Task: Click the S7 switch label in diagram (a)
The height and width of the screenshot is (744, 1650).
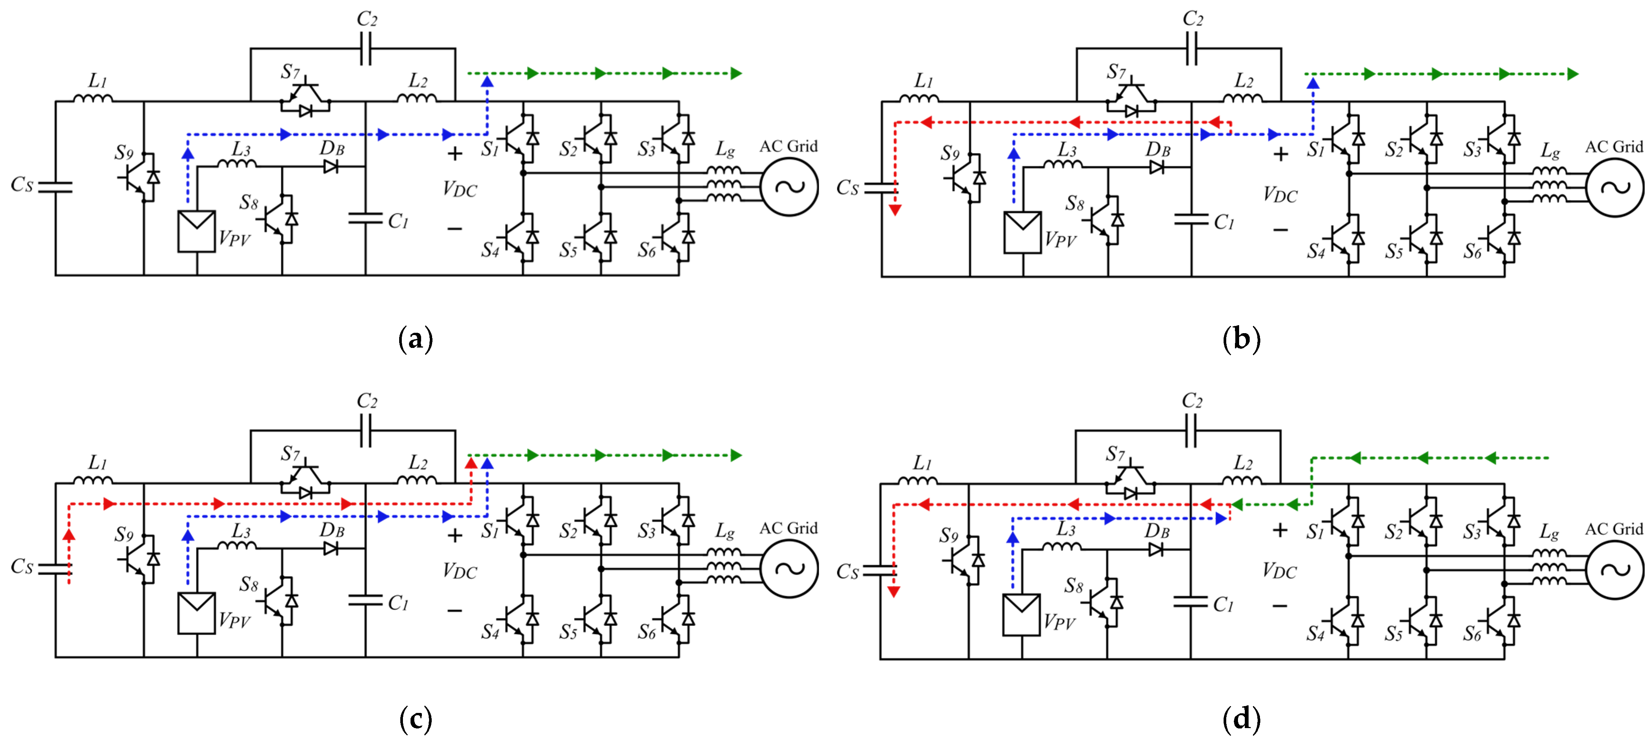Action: tap(290, 71)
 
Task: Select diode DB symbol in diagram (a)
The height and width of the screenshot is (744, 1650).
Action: tap(331, 167)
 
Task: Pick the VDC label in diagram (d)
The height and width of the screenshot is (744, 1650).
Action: tap(1279, 571)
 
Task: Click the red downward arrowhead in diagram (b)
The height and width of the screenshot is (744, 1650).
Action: tap(896, 210)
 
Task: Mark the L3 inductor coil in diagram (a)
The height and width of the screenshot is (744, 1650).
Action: tap(237, 164)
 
